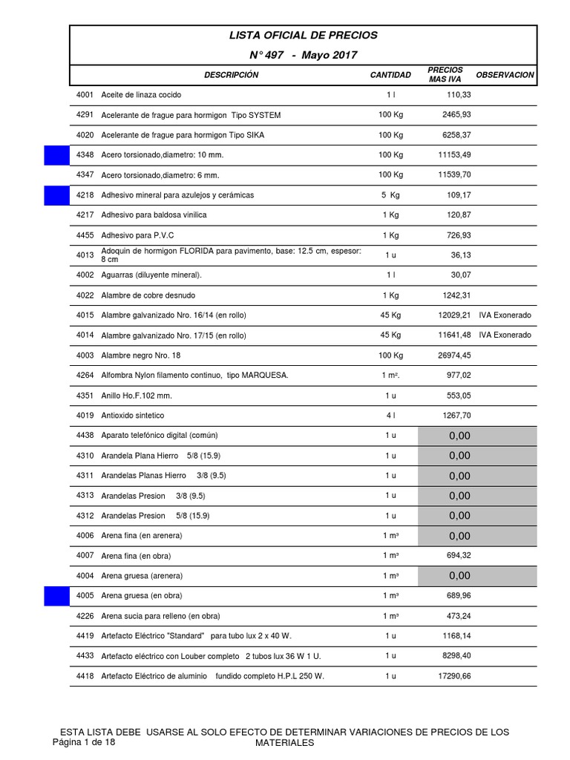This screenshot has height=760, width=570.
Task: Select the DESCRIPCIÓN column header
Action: (x=232, y=75)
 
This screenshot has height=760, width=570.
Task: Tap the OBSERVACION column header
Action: (x=505, y=75)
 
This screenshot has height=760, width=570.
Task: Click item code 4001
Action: (x=85, y=95)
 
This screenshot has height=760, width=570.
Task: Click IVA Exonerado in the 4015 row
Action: (x=505, y=315)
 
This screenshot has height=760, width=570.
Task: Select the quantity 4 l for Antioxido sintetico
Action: (x=390, y=416)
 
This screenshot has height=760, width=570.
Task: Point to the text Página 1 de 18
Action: (x=84, y=742)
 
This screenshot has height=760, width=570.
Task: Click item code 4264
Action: (x=85, y=376)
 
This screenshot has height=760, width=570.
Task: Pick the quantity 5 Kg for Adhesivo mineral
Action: (x=390, y=195)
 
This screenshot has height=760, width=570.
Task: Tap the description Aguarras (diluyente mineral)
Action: (x=151, y=275)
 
